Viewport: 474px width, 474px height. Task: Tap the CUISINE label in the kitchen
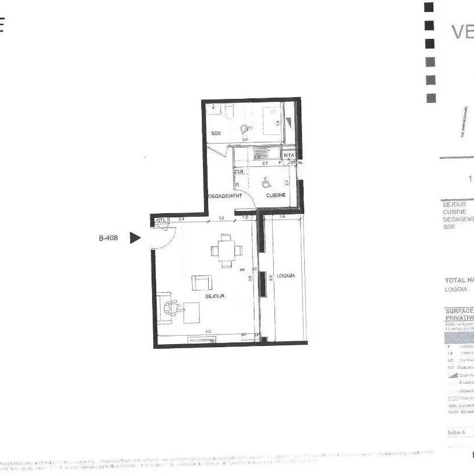[x=276, y=196]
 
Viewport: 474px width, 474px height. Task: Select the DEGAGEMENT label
[x=225, y=196]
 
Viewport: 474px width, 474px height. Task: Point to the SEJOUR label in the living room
[x=215, y=296]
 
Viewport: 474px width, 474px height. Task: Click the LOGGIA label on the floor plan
[x=285, y=276]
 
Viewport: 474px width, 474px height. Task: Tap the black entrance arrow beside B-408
[x=134, y=238]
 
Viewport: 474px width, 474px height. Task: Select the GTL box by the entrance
[x=161, y=221]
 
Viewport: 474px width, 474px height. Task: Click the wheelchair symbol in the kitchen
[x=265, y=183]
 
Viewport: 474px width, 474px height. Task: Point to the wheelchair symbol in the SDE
[x=245, y=130]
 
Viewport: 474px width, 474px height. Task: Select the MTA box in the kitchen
[x=289, y=155]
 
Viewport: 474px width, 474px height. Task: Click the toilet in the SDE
[x=228, y=111]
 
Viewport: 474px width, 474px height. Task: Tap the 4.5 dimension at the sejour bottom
[x=208, y=332]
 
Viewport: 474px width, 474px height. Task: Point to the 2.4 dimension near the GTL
[x=181, y=218]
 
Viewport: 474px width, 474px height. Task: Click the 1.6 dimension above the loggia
[x=282, y=217]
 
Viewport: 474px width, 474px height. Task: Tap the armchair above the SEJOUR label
[x=201, y=282]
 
